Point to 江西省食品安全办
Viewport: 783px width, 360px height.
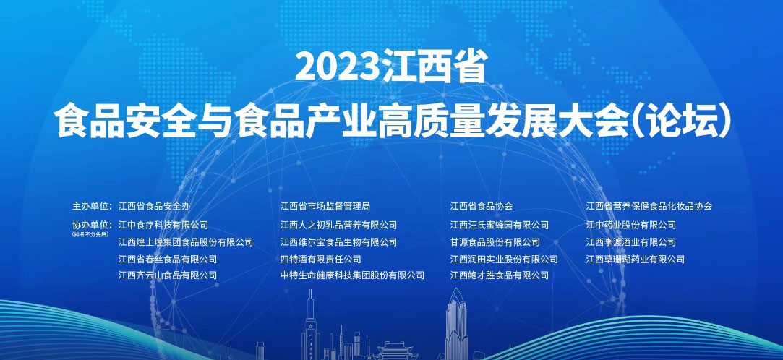tap(154, 206)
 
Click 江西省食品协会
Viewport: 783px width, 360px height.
tap(482, 206)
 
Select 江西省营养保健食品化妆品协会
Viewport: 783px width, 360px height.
tap(649, 206)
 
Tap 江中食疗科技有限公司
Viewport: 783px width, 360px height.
tap(163, 225)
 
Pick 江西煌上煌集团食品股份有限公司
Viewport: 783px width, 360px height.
tap(186, 242)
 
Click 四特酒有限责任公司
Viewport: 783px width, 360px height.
tap(321, 259)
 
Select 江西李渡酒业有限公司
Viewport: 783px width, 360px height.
tap(631, 242)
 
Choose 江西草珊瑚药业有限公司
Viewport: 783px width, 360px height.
tap(636, 259)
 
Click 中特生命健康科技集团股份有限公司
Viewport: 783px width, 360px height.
tap(352, 275)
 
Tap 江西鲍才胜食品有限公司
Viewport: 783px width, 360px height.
tap(500, 275)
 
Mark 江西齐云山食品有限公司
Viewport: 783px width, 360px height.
tap(168, 275)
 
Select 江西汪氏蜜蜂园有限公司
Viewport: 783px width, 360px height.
tap(500, 225)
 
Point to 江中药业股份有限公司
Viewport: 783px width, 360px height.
tap(631, 225)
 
